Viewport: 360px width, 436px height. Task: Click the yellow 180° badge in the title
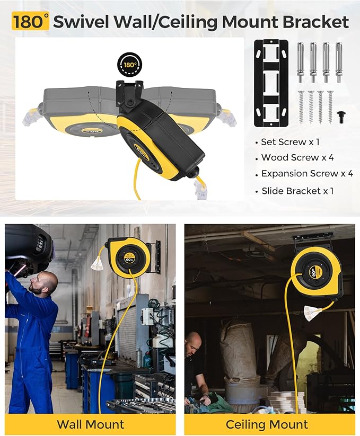pyautogui.click(x=30, y=22)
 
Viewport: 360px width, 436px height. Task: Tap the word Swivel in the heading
pyautogui.click(x=81, y=22)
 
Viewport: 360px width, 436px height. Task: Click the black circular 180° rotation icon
pyautogui.click(x=130, y=65)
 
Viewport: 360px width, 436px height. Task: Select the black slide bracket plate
pyautogui.click(x=271, y=83)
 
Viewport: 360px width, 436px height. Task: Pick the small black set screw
pyautogui.click(x=340, y=117)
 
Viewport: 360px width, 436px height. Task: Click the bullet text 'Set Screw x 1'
pyautogui.click(x=290, y=142)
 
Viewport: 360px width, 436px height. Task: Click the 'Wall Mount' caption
pyautogui.click(x=91, y=424)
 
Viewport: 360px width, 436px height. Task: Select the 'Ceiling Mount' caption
pyautogui.click(x=267, y=424)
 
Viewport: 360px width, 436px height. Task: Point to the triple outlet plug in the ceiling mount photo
pyautogui.click(x=313, y=313)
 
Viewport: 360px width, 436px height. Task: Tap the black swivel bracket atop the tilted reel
pyautogui.click(x=129, y=94)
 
